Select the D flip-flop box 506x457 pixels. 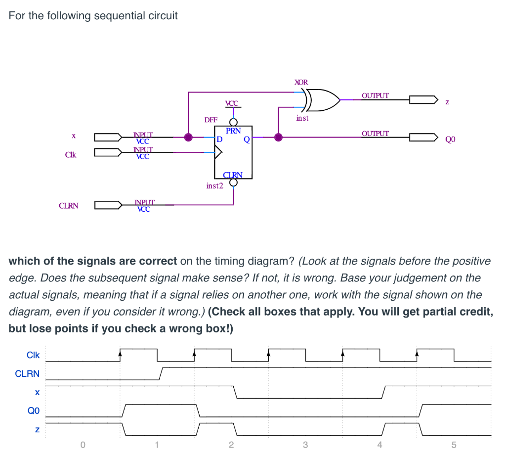click(x=233, y=152)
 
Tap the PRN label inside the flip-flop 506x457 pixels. click(x=233, y=131)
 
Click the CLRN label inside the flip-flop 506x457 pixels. click(x=233, y=174)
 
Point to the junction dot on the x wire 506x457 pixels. click(x=188, y=137)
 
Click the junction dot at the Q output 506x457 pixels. click(x=278, y=137)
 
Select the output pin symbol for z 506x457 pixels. click(x=423, y=99)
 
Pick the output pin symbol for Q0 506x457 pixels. click(x=423, y=137)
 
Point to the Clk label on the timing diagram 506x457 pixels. click(x=33, y=355)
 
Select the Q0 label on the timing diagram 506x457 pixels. click(x=33, y=410)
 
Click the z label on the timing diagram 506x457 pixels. click(x=37, y=429)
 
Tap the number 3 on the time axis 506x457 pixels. click(x=305, y=444)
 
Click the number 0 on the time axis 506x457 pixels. click(x=83, y=444)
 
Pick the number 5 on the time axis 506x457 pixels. click(x=454, y=444)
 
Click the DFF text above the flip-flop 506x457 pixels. click(x=211, y=120)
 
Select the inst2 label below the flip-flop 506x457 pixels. click(x=214, y=186)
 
